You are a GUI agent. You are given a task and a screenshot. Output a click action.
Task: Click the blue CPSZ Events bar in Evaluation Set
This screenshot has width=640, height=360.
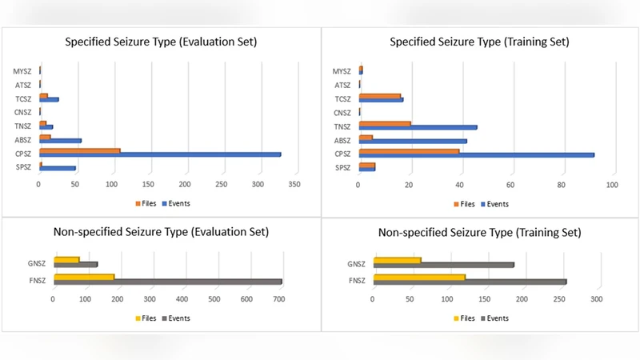click(x=160, y=154)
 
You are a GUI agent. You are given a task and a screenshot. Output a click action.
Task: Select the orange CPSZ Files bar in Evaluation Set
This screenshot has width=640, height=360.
click(x=80, y=150)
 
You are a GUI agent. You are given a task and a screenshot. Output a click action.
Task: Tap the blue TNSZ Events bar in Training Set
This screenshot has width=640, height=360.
click(x=418, y=127)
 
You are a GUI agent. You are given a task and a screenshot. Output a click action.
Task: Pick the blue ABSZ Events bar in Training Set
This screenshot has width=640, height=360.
click(x=413, y=141)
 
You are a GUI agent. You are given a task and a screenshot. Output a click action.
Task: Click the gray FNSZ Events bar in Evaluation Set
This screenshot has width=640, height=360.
click(x=168, y=282)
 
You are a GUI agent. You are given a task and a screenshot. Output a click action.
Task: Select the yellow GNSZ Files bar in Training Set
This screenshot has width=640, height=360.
click(x=397, y=259)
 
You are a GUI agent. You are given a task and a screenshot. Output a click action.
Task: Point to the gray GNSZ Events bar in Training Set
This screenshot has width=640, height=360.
click(x=443, y=265)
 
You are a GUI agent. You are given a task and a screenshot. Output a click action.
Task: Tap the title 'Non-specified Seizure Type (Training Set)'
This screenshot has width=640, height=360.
click(x=479, y=233)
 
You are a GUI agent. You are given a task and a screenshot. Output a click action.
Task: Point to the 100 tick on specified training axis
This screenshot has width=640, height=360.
click(x=612, y=185)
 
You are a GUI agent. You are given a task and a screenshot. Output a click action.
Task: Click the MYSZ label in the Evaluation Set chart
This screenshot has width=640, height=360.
click(x=22, y=71)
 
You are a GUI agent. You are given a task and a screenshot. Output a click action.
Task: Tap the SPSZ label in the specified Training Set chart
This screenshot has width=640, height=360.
click(x=342, y=168)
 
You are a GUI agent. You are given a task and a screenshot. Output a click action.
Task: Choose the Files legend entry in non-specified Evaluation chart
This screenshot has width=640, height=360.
click(x=147, y=318)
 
